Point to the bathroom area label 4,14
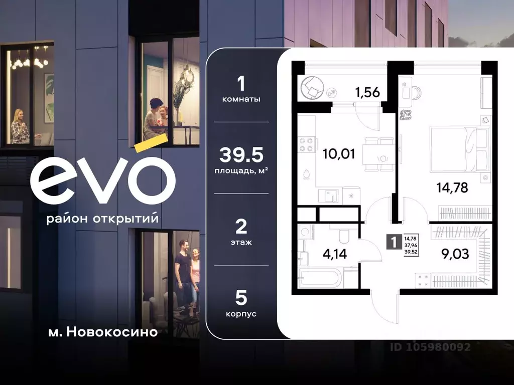tap(334, 254)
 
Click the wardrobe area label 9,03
tap(455, 254)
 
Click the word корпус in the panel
tap(241, 314)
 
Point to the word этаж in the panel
tap(241, 242)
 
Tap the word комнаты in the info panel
tap(241, 99)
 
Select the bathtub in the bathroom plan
tap(319, 277)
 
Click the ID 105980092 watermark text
tap(431, 346)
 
